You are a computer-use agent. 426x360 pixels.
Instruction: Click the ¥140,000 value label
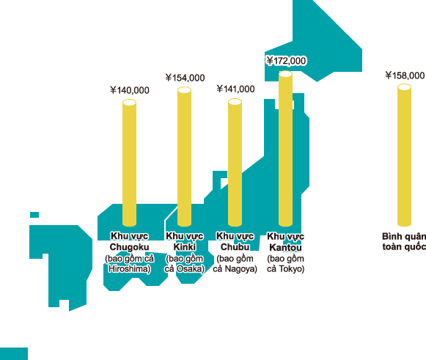click(x=130, y=90)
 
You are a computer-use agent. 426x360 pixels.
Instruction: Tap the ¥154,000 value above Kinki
click(x=185, y=78)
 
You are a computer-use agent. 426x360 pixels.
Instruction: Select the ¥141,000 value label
click(x=235, y=89)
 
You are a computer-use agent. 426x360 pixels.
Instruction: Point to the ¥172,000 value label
click(x=287, y=61)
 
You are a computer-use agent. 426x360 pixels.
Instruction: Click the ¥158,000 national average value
click(x=405, y=76)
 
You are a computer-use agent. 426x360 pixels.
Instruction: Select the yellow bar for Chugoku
click(x=129, y=163)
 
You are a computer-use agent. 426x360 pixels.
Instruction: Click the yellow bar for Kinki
click(x=184, y=157)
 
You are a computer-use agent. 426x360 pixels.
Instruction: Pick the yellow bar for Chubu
click(x=235, y=163)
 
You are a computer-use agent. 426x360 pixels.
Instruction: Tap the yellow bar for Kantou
click(x=285, y=149)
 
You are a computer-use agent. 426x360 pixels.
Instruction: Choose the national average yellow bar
click(x=404, y=155)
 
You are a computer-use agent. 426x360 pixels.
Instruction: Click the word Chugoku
click(x=129, y=247)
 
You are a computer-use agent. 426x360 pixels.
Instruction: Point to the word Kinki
click(x=185, y=247)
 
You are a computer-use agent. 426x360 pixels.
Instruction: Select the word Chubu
click(x=235, y=247)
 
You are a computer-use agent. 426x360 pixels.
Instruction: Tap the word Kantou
click(x=285, y=248)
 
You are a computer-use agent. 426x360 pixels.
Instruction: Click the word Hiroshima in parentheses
click(x=129, y=269)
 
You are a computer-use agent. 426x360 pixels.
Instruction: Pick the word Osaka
click(x=189, y=269)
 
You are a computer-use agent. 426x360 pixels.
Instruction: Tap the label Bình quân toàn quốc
click(x=404, y=241)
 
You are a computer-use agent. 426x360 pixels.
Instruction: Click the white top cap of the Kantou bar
click(x=285, y=74)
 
